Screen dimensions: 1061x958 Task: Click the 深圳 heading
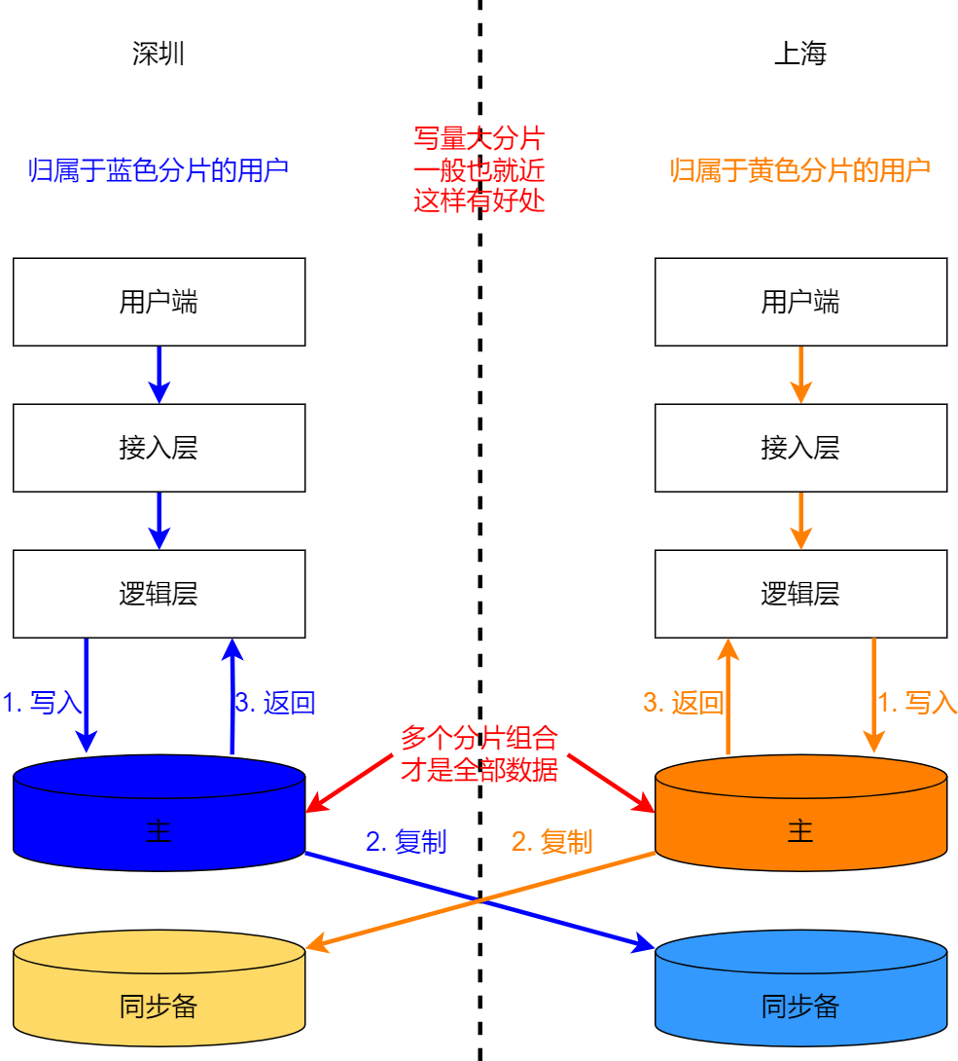[x=159, y=54]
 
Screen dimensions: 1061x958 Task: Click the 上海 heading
[x=799, y=54]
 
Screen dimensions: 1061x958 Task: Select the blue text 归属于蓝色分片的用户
[x=159, y=170]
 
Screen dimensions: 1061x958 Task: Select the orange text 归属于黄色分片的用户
[x=799, y=170]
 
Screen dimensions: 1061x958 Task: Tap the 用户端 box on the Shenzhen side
[x=159, y=302]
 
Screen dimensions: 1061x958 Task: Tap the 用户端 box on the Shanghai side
[x=799, y=302]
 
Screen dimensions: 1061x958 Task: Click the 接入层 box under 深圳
[x=159, y=448]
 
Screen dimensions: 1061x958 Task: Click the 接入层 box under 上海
[x=799, y=448]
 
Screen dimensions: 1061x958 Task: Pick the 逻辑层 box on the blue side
[x=159, y=594]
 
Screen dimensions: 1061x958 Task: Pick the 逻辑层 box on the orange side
[x=799, y=594]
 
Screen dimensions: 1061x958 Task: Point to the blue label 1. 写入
[x=42, y=703]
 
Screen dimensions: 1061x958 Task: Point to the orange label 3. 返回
[x=683, y=703]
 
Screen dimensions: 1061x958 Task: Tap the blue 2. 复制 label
[x=406, y=842]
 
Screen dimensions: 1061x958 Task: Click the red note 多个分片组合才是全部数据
[x=479, y=753]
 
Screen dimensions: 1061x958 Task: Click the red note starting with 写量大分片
[x=479, y=169]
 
